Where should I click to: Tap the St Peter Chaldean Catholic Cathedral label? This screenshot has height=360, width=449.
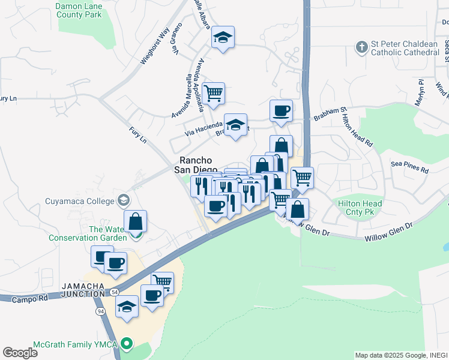pyautogui.click(x=405, y=47)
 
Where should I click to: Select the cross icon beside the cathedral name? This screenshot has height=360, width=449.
pyautogui.click(x=361, y=46)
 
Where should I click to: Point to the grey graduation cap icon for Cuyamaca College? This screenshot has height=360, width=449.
pyautogui.click(x=124, y=199)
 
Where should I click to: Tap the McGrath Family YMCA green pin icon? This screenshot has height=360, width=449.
pyautogui.click(x=125, y=344)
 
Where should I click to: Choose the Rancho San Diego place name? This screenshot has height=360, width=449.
pyautogui.click(x=196, y=165)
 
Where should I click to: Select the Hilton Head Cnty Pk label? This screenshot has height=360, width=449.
pyautogui.click(x=360, y=208)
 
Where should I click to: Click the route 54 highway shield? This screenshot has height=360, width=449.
pyautogui.click(x=113, y=292)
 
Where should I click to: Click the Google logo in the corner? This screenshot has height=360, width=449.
pyautogui.click(x=20, y=353)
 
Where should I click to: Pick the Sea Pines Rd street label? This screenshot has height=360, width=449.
pyautogui.click(x=409, y=167)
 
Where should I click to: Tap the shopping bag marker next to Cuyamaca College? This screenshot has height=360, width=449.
pyautogui.click(x=136, y=221)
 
